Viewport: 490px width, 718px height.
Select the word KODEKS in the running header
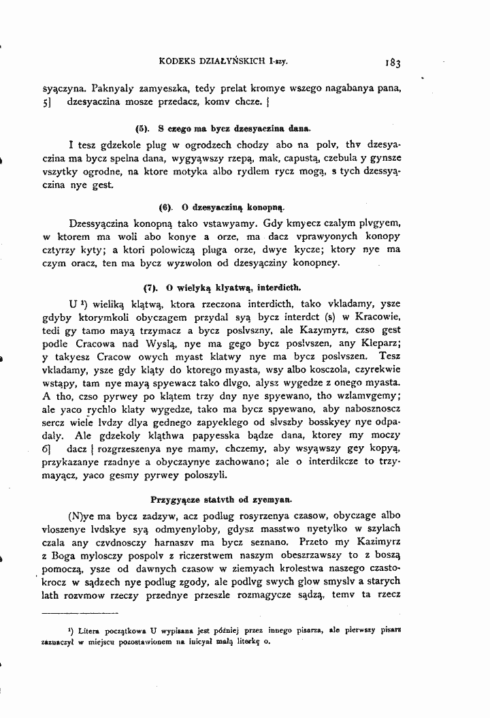point(179,61)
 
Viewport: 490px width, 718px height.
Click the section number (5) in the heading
point(142,127)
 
